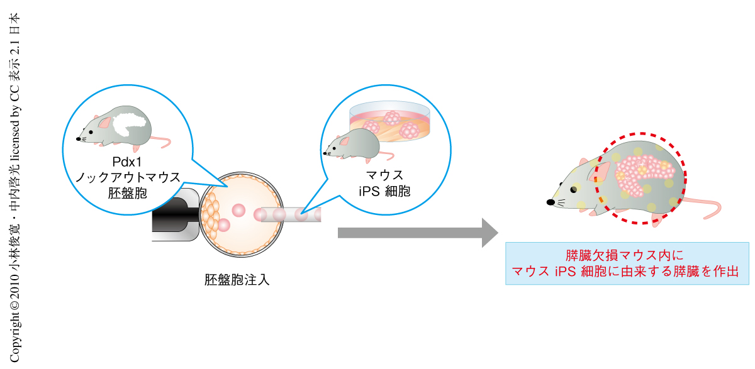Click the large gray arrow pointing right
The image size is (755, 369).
tap(415, 233)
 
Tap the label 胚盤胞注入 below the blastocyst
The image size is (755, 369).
tap(237, 280)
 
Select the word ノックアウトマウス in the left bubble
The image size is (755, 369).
tap(128, 178)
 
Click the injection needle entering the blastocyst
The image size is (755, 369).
tap(289, 215)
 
